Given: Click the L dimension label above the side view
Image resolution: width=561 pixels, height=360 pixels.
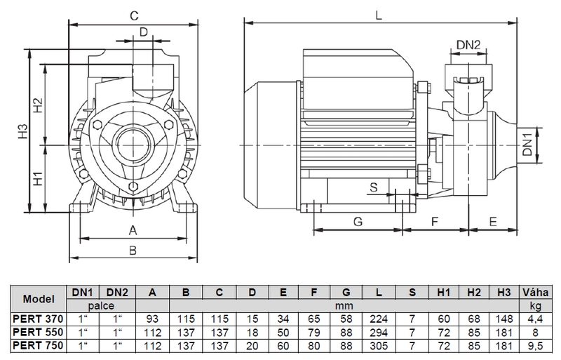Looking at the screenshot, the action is click(379, 15).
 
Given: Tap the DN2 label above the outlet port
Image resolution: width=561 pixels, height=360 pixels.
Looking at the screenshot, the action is click(468, 45).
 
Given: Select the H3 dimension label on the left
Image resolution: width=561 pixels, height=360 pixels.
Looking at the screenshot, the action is click(23, 131).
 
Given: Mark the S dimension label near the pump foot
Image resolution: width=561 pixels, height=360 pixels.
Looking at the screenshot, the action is click(374, 187).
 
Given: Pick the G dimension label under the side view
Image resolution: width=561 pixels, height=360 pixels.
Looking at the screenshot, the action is click(358, 222).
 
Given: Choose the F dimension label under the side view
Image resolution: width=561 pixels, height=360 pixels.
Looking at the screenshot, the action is click(435, 222).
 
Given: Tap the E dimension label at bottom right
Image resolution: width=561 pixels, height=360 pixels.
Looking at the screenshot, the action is click(493, 222).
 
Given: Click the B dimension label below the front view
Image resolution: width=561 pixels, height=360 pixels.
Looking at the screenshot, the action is click(133, 250).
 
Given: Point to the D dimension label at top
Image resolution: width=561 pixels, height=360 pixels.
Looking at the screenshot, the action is click(143, 32).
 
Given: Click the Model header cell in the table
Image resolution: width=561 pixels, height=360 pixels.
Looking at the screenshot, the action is click(39, 299).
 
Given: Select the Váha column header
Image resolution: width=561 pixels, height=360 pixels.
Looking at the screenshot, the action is click(535, 293).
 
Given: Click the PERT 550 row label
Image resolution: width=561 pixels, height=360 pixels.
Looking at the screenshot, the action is click(38, 332).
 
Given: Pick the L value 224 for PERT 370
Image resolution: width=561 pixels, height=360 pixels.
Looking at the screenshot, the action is click(379, 319).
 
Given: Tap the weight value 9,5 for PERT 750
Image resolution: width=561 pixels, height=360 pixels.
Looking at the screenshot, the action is click(535, 346).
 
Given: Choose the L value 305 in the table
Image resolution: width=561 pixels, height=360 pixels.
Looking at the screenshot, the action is click(379, 346).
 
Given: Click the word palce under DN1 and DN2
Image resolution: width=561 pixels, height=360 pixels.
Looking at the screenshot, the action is click(101, 306).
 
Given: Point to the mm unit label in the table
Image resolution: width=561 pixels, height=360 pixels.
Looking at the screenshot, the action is click(344, 306).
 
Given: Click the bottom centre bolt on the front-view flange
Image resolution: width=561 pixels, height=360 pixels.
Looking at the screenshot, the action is click(133, 186).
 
